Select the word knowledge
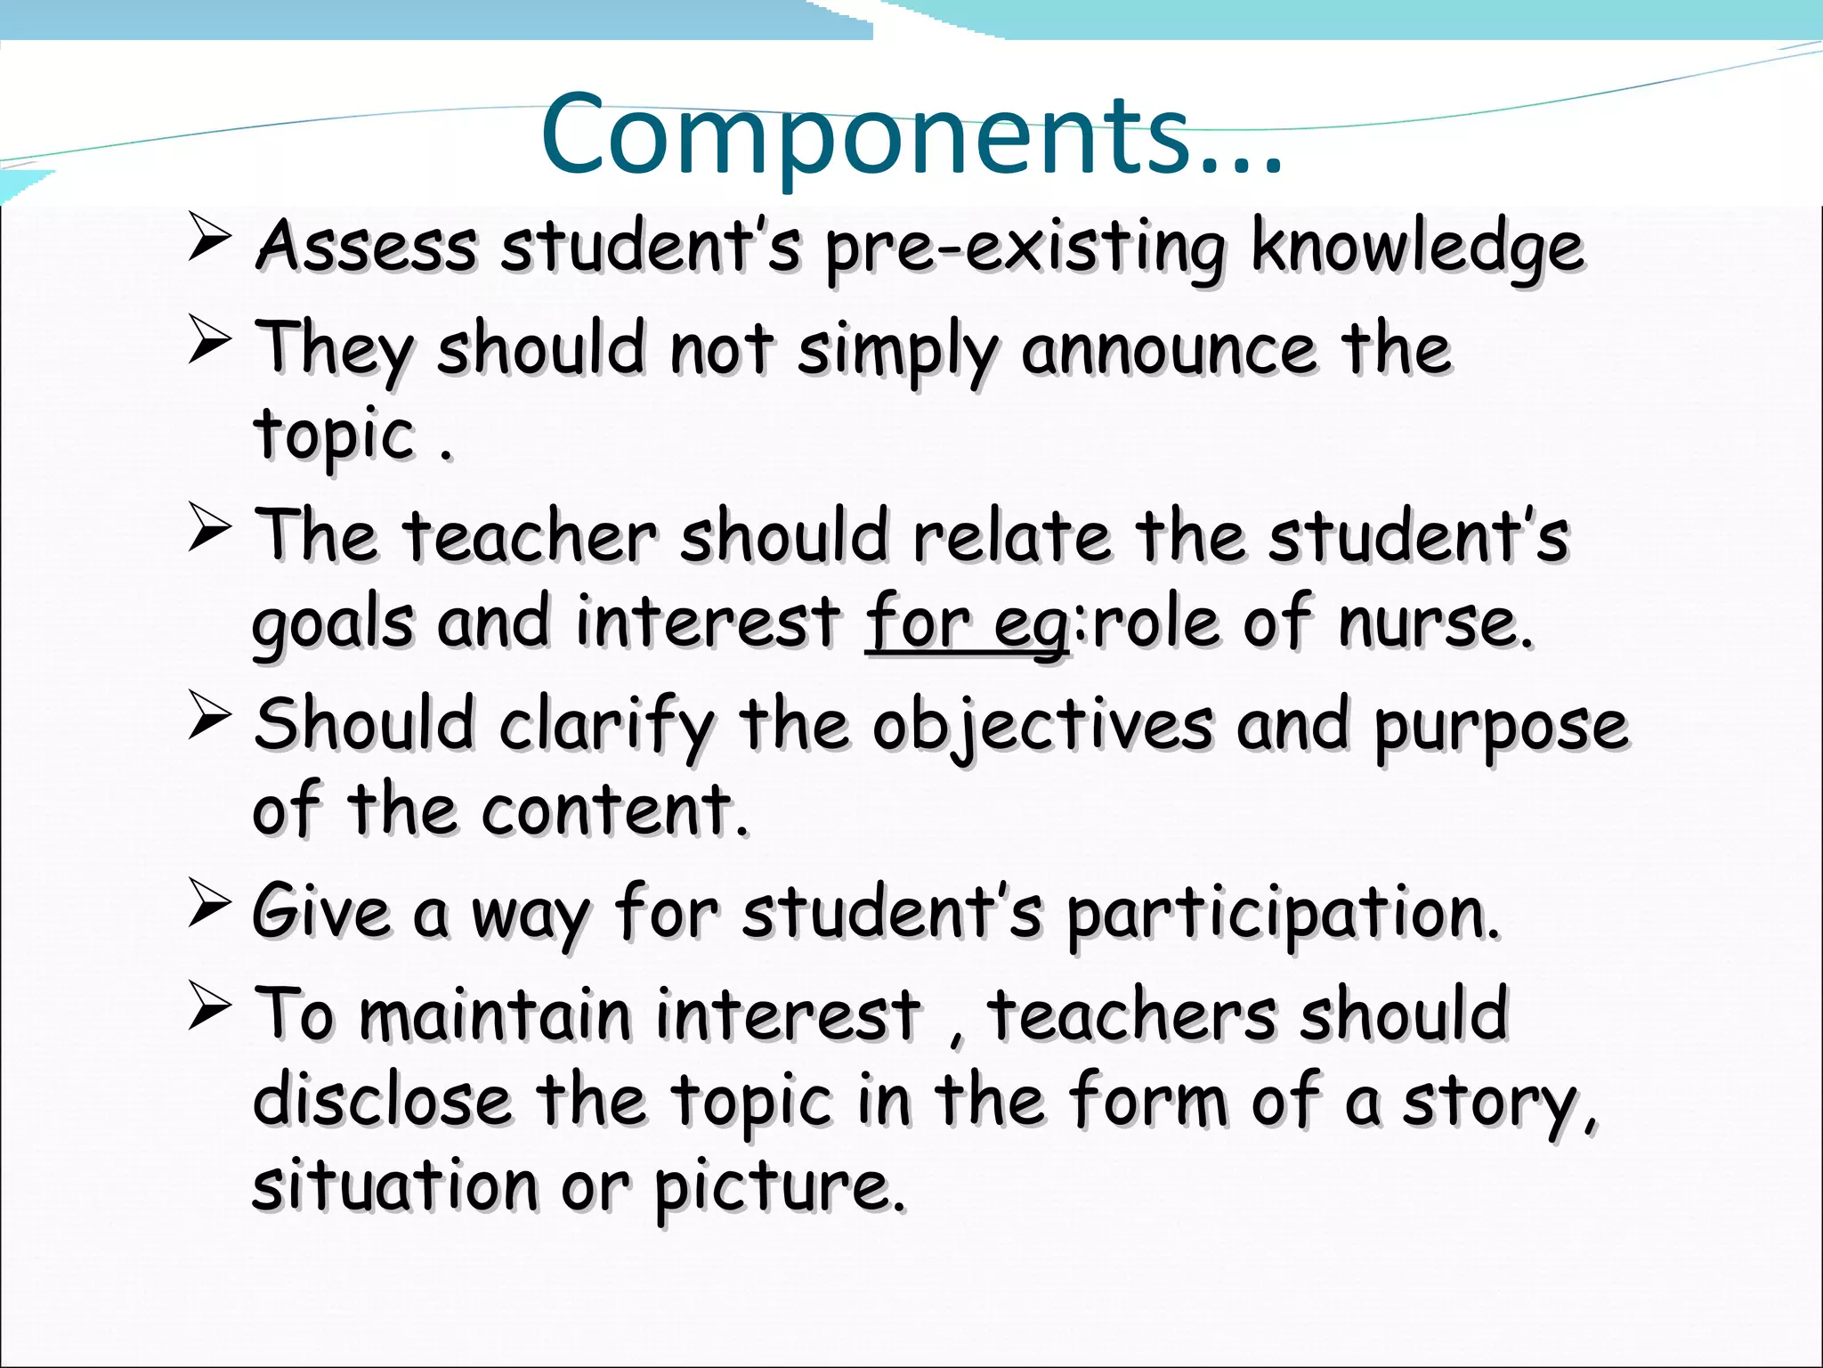click(1417, 248)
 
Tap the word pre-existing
click(1025, 248)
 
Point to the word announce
click(1167, 349)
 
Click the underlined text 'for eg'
click(967, 623)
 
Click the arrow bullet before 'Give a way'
click(210, 902)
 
